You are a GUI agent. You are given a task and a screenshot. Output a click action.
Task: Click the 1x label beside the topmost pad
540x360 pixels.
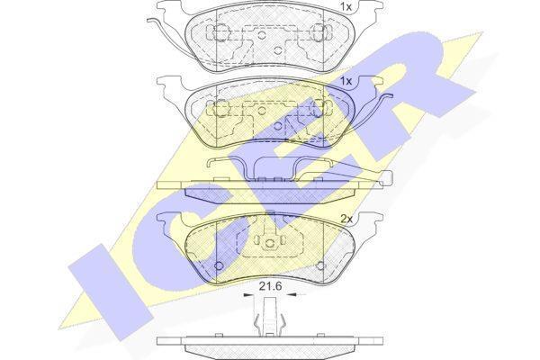click(x=346, y=6)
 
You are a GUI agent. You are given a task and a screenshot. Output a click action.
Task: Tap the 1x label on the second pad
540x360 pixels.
click(x=346, y=81)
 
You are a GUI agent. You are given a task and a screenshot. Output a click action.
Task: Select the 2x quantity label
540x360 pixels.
click(x=346, y=219)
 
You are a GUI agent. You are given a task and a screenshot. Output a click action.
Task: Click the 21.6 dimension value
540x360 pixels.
click(x=270, y=285)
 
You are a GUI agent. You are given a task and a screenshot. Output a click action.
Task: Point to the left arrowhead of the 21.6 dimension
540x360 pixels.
click(x=247, y=295)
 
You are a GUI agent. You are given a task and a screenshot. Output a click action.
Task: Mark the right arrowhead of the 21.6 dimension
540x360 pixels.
click(x=292, y=295)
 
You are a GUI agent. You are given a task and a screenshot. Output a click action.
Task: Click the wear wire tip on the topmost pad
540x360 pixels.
click(x=149, y=20)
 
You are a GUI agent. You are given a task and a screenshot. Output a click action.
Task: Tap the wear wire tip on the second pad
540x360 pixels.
click(x=389, y=96)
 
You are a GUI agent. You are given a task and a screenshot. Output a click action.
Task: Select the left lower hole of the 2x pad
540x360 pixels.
click(x=219, y=265)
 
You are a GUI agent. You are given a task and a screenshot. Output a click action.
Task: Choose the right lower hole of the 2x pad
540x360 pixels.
click(x=320, y=265)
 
